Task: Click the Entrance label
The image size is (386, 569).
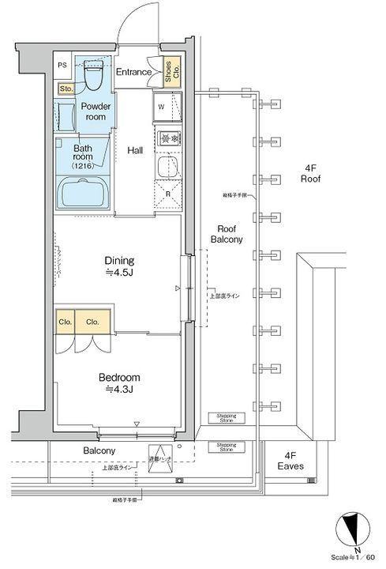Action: [x=134, y=73]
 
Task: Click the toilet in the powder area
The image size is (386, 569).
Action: [x=93, y=77]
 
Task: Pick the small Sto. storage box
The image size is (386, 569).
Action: [x=66, y=89]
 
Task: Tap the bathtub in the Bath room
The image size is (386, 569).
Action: [x=86, y=192]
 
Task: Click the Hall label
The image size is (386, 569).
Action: [x=135, y=151]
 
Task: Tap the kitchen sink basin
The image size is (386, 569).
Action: [x=167, y=167]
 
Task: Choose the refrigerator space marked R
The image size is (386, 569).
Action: [x=167, y=192]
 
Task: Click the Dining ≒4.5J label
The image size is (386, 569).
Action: [x=120, y=266]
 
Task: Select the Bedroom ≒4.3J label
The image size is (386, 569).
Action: [x=120, y=382]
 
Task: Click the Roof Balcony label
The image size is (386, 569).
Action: [x=230, y=233]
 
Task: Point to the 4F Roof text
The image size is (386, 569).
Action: [x=311, y=173]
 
